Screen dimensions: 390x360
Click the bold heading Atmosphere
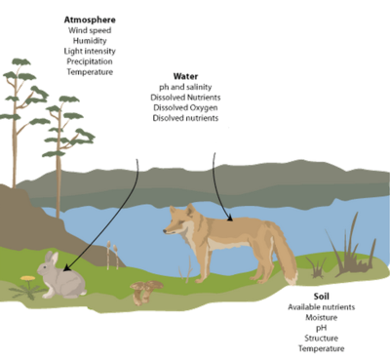(x=90, y=20)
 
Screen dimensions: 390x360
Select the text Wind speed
(x=90, y=30)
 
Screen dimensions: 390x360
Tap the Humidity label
(x=90, y=41)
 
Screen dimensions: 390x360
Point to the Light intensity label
(x=90, y=52)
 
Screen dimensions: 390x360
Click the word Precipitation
(x=90, y=61)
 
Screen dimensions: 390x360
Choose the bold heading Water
(x=185, y=76)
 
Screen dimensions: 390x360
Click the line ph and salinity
(x=185, y=87)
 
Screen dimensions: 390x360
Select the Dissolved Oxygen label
(x=185, y=107)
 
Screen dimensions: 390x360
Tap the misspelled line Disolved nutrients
(x=185, y=118)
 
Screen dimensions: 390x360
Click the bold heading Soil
(x=322, y=297)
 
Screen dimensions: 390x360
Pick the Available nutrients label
(x=322, y=307)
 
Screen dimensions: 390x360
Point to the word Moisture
(x=322, y=317)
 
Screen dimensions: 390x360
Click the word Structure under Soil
(x=322, y=339)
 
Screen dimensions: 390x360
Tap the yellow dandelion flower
(x=28, y=278)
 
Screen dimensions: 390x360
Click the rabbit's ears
(x=52, y=258)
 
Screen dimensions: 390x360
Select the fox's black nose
(x=165, y=231)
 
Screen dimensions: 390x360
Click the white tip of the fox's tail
(x=292, y=277)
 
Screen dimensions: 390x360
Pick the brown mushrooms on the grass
(x=146, y=292)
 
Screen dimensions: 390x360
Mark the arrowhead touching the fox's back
(x=230, y=219)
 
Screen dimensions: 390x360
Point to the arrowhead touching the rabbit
(x=66, y=268)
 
